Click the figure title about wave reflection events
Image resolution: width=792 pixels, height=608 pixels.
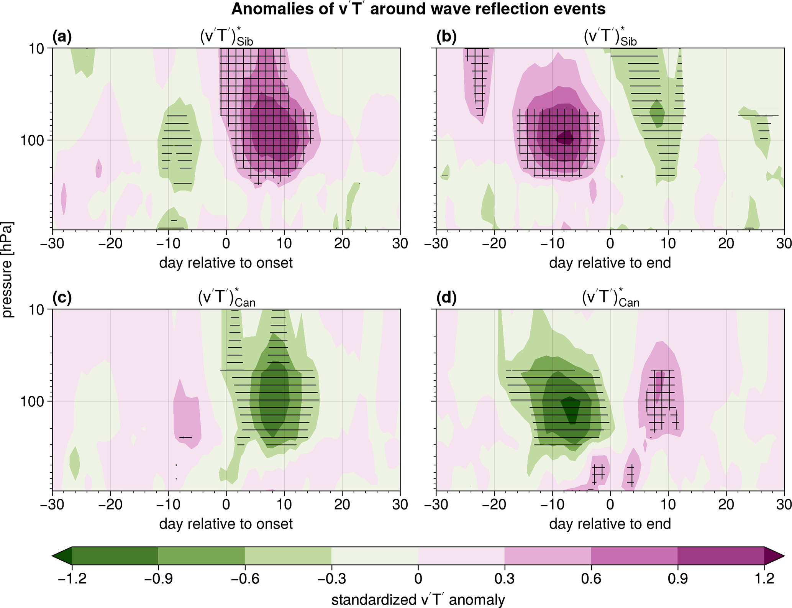418,9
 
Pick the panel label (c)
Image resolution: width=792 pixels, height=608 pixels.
62,298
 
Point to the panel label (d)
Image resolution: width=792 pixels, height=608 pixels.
446,298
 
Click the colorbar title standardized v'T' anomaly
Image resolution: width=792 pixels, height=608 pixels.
418,600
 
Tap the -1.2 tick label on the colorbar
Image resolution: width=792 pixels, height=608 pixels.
72,578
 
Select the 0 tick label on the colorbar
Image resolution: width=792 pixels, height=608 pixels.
418,578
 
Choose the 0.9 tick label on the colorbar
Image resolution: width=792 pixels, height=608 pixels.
677,578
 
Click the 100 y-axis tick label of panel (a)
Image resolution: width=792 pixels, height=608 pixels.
32,140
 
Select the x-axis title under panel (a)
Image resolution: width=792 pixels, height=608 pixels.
226,263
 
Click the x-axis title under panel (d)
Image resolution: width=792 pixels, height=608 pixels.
610,524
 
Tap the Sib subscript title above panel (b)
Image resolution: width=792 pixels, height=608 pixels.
610,38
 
